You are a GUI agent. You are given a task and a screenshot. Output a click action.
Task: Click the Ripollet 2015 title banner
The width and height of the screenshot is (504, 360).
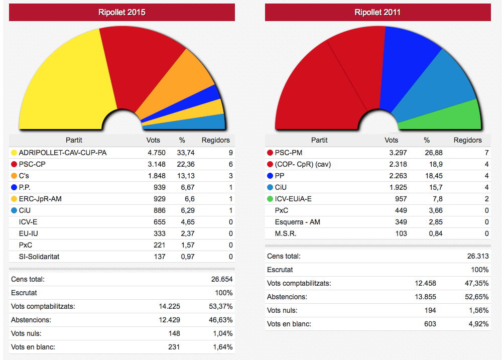point(122,13)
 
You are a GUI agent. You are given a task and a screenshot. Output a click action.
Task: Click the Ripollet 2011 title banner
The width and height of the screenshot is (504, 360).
point(377,13)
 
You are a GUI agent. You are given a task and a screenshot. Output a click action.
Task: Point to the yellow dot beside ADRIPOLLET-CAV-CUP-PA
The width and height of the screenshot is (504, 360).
point(14,152)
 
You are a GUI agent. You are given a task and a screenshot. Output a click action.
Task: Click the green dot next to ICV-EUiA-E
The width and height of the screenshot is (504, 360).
point(270,199)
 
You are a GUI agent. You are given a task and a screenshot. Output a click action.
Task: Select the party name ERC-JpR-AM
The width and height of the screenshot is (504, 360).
point(40,199)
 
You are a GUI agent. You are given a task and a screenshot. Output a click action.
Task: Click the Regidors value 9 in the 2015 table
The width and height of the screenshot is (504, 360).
point(230,152)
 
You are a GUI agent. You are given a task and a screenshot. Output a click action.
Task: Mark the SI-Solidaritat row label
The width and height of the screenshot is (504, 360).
point(39,257)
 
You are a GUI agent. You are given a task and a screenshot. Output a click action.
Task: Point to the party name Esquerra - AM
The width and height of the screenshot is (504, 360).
point(298,222)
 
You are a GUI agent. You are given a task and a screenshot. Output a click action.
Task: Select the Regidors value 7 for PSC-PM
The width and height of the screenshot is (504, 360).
point(486,153)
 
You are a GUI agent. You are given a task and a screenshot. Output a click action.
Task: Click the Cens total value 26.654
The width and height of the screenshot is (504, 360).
point(221,279)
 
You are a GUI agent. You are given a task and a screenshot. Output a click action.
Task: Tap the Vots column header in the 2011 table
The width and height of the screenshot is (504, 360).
point(392,140)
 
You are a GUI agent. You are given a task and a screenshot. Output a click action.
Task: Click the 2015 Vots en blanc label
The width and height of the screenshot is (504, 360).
point(33,346)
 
